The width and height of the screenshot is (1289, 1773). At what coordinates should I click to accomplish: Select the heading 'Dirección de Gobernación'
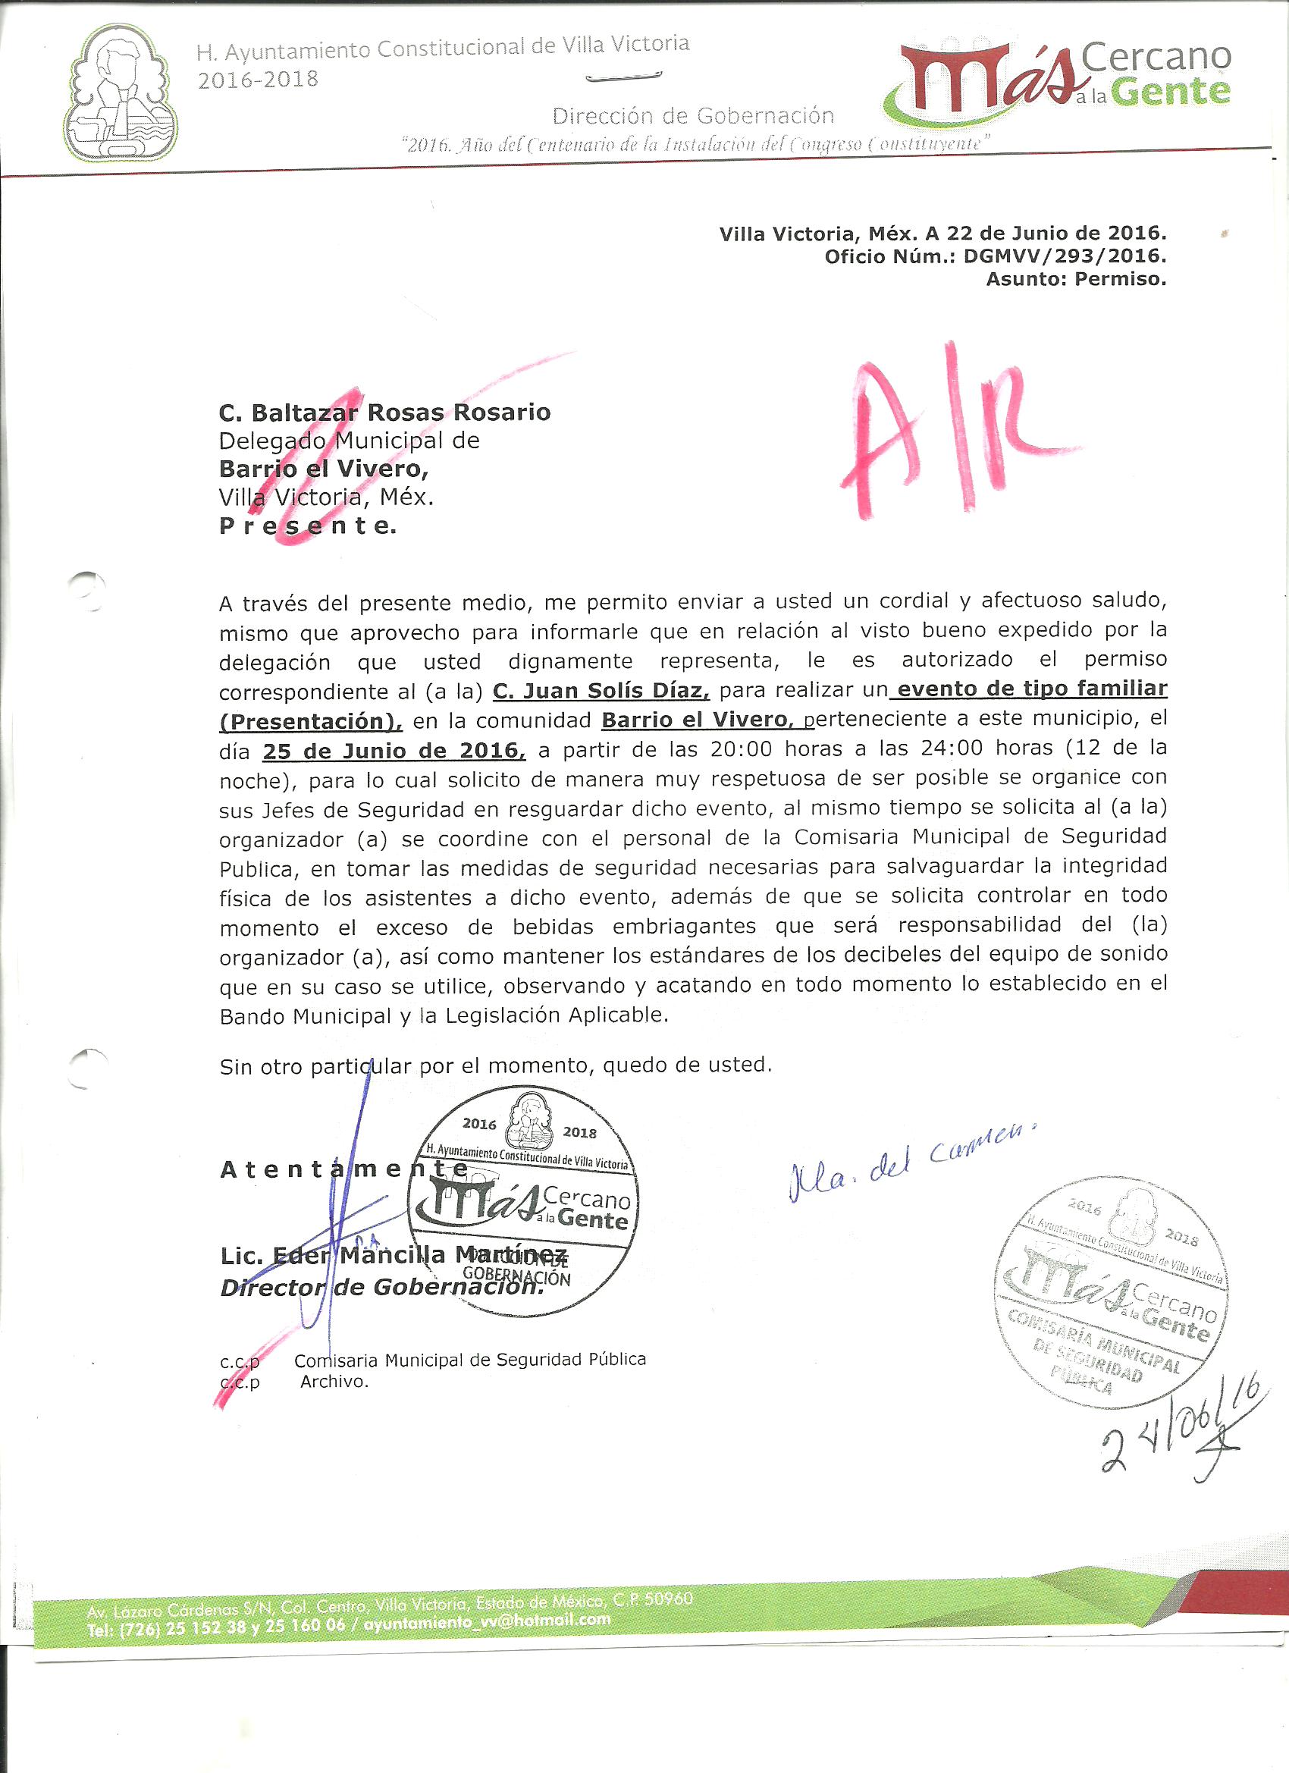coord(692,117)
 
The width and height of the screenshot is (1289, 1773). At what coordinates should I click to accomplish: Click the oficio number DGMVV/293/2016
coord(1065,256)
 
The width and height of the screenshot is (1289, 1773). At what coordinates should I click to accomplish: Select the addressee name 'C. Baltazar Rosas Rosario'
coord(384,412)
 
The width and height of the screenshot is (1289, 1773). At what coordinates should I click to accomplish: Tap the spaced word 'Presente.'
coord(307,526)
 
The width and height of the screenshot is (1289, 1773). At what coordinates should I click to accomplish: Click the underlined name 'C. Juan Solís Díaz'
coord(601,690)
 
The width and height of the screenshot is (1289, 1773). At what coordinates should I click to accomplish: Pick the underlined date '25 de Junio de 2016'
coord(394,752)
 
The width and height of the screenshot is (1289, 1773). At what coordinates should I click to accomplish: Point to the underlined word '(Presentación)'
coord(310,720)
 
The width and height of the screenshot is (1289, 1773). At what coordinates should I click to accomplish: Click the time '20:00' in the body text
coord(741,750)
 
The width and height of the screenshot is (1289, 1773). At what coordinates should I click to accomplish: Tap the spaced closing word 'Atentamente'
coord(344,1169)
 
